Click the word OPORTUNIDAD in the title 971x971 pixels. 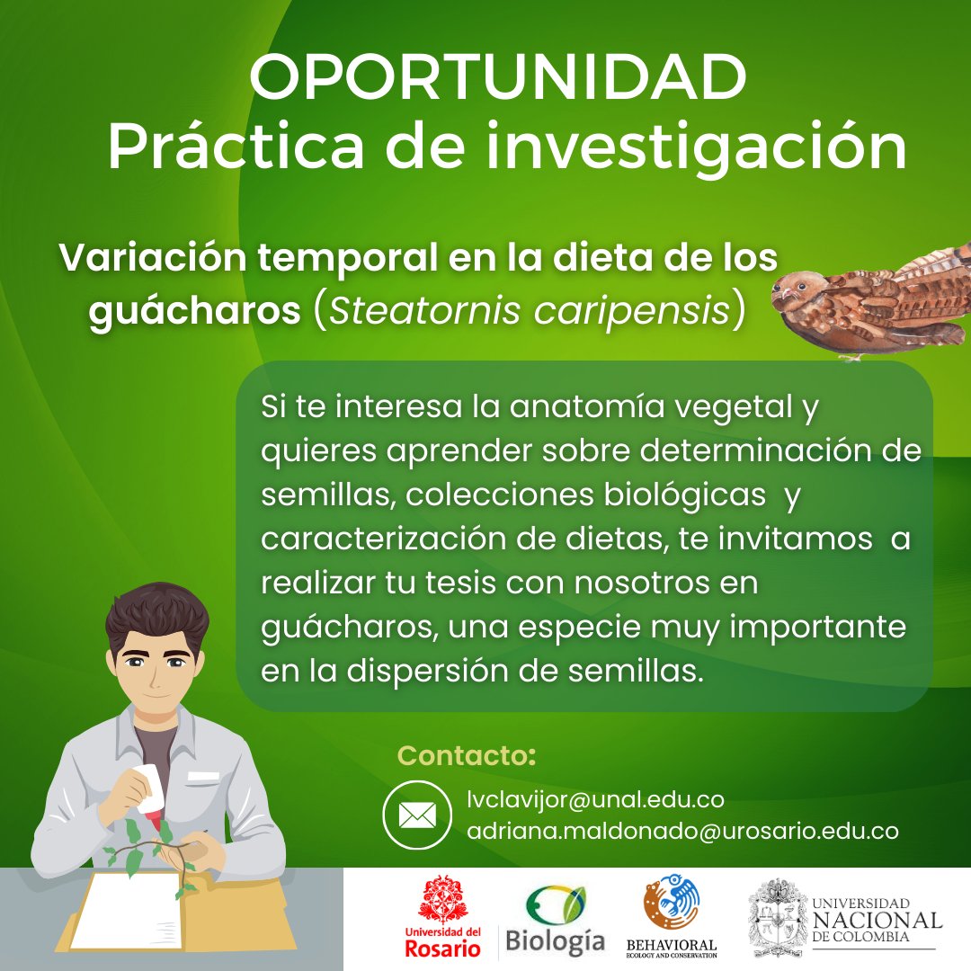[x=497, y=78]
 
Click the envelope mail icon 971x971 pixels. [x=416, y=815]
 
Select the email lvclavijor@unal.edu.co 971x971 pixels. [x=595, y=799]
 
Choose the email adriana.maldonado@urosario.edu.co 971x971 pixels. [x=682, y=832]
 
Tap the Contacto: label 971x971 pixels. [x=467, y=755]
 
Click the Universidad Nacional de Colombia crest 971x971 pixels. [x=778, y=918]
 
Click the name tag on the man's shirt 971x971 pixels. [x=203, y=775]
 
